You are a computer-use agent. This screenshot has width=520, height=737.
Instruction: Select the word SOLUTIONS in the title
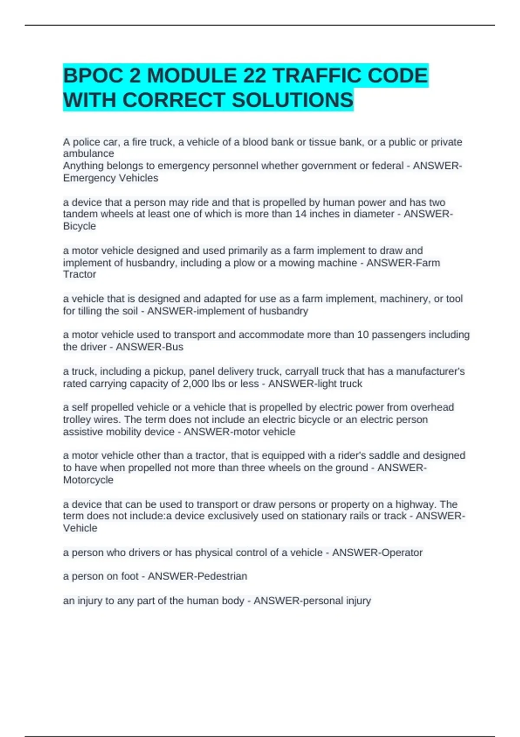pos(292,100)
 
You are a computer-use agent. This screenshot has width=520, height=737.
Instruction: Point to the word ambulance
pos(88,153)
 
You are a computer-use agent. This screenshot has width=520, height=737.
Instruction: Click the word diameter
pos(373,214)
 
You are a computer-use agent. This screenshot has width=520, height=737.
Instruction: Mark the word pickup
pos(169,372)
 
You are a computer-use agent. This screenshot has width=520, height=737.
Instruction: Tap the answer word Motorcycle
pos(88,480)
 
